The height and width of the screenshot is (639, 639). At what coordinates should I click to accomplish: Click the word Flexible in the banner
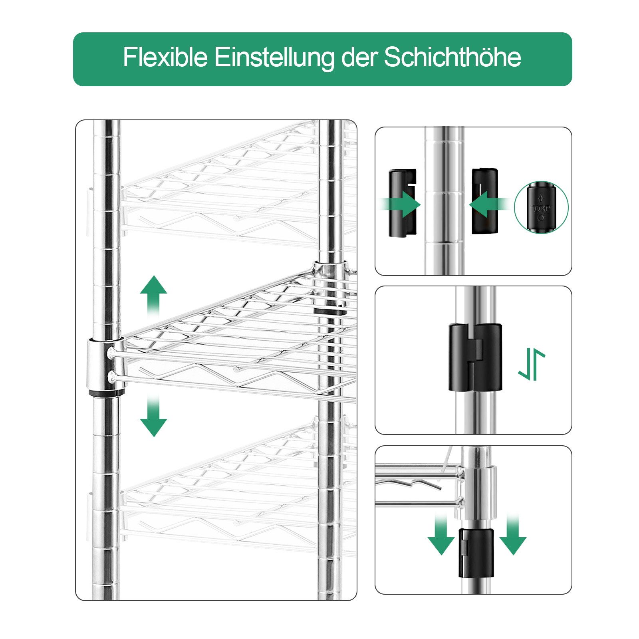[x=165, y=57]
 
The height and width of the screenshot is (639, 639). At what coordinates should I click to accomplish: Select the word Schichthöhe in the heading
[x=452, y=57]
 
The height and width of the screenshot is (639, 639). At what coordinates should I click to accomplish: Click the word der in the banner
[x=359, y=57]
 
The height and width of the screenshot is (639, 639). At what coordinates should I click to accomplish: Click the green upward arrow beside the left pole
[x=153, y=296]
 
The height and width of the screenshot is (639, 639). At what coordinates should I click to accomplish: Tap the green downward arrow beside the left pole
[x=153, y=415]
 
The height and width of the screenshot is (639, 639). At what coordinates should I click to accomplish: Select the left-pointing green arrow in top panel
[x=490, y=204]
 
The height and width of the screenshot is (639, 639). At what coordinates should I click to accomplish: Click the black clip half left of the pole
[x=402, y=203]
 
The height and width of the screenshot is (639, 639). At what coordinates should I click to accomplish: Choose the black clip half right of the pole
[x=485, y=201]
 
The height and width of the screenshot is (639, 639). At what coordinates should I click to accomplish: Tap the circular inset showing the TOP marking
[x=541, y=207]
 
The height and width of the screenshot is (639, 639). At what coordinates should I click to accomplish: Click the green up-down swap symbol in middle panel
[x=532, y=364]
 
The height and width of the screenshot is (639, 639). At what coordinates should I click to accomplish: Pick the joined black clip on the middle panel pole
[x=475, y=357]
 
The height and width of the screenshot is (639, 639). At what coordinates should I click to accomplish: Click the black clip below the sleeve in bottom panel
[x=476, y=553]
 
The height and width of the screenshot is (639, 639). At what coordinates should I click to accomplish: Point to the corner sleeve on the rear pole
[x=330, y=288]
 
